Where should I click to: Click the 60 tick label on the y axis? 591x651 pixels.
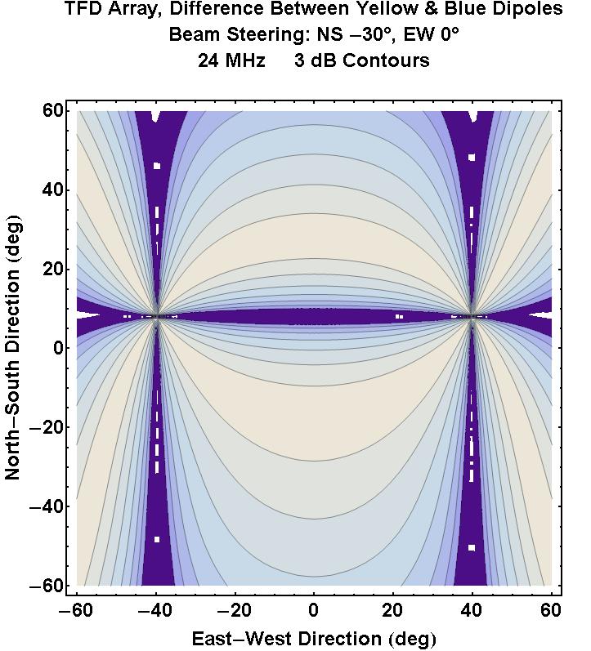(54, 111)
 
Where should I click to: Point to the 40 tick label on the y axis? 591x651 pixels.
(54, 190)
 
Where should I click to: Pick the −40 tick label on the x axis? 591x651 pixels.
(154, 611)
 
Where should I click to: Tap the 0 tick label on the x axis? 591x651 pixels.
(314, 611)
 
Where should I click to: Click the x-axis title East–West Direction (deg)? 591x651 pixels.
(314, 638)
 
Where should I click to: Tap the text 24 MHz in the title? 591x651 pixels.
(231, 61)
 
